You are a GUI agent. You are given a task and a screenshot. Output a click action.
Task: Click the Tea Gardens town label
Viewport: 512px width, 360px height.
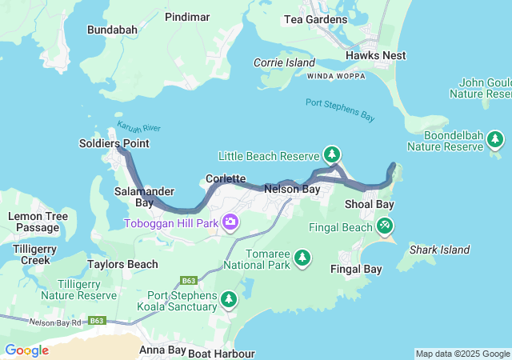tap(316, 19)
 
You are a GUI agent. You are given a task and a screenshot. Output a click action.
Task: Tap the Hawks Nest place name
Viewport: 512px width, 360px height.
tap(375, 55)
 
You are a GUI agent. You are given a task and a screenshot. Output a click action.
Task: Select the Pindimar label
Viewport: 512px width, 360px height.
tap(188, 16)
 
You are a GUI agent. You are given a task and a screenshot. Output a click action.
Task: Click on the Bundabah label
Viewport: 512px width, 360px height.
tap(112, 30)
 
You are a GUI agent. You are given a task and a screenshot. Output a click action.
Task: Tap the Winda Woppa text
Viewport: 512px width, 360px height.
tap(335, 76)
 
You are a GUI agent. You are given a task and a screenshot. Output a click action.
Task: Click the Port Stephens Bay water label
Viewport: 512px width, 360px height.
tap(340, 110)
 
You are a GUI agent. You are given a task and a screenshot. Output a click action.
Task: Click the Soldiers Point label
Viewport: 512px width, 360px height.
tap(114, 143)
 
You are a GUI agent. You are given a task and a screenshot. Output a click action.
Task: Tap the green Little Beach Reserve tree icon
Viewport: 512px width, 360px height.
tap(331, 154)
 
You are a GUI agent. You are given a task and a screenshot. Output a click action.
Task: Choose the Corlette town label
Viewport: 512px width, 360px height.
tap(226, 178)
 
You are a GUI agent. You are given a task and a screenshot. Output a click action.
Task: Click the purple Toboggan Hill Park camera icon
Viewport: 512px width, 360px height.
tap(230, 222)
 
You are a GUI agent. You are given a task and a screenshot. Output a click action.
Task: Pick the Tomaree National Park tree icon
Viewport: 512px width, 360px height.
tap(302, 257)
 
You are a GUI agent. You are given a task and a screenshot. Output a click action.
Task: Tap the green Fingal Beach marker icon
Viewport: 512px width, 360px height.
tap(386, 226)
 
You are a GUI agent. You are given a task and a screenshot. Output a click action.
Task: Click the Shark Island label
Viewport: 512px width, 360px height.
tap(439, 250)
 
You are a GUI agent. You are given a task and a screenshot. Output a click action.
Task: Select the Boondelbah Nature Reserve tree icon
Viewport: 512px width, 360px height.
tap(495, 140)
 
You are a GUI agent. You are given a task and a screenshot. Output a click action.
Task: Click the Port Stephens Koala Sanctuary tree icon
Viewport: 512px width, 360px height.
tap(230, 299)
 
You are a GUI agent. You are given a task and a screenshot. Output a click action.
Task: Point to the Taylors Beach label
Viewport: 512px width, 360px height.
tap(122, 264)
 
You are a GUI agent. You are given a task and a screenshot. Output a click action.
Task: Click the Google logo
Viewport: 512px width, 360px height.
tap(26, 350)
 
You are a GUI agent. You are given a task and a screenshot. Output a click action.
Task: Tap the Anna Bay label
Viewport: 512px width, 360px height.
tap(162, 350)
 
